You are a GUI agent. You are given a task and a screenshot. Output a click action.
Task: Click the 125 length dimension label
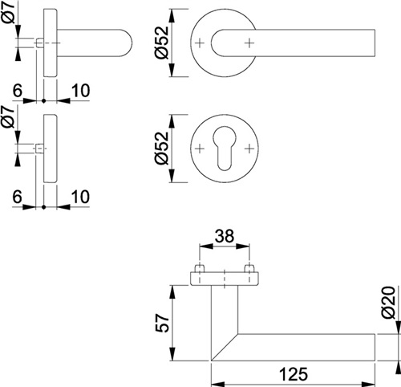pos(294,373)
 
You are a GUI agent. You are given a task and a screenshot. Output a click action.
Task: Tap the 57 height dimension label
pos(162,324)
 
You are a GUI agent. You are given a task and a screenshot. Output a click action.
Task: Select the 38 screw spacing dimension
pos(225,236)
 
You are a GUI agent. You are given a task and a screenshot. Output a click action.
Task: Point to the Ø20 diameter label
pos(388,303)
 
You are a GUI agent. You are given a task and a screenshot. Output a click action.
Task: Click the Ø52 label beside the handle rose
pos(162,43)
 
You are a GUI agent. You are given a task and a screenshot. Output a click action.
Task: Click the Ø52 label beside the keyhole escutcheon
pos(162,149)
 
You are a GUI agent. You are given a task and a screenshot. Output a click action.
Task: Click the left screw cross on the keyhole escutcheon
pos(200,149)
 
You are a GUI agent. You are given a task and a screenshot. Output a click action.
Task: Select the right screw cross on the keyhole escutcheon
pos(249,149)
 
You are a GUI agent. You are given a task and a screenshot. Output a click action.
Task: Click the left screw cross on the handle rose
pos(200,43)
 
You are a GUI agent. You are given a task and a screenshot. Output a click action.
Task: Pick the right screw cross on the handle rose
pos(249,43)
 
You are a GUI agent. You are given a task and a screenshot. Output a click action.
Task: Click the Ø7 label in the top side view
pos(8,13)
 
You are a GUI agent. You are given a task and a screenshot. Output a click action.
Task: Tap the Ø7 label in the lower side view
pos(8,116)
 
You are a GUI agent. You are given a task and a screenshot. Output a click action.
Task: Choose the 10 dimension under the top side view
pos(81,91)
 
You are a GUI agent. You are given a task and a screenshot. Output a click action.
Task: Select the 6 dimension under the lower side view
pos(17,197)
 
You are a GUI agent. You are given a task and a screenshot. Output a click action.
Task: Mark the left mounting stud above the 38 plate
pos(200,268)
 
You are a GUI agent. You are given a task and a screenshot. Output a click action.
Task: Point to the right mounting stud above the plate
pos(249,268)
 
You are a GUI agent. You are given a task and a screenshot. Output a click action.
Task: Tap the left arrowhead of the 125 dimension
pos(217,384)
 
